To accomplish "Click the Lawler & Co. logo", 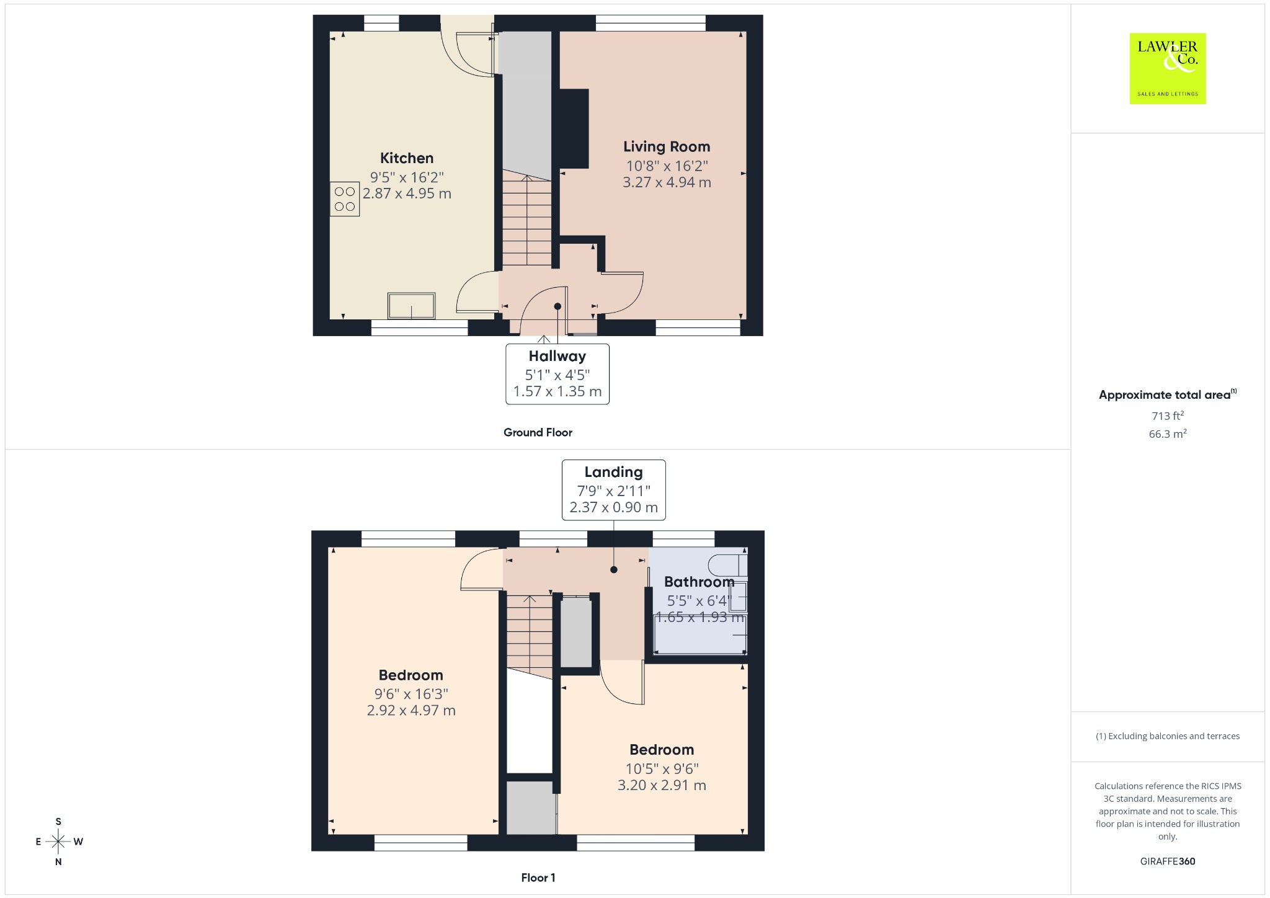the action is coord(1168,68).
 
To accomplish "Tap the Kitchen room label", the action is coord(407,158).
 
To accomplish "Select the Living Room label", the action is coord(667,147).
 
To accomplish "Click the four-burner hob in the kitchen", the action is coord(345,198).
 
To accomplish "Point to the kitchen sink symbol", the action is coord(412,306).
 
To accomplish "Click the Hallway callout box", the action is coord(557,374).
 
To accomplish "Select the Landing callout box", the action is coord(614,490).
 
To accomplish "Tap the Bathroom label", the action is coord(699,582).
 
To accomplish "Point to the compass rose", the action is coord(58,842).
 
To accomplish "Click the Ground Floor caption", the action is coord(538,432).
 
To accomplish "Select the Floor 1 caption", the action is coord(538,878).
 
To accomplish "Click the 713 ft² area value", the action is coord(1168,416).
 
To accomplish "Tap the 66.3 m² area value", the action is coord(1168,433).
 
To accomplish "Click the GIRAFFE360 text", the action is coord(1168,861).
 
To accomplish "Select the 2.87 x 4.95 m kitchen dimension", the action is coord(407,193).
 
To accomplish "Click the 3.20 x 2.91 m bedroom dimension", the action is coord(662,785).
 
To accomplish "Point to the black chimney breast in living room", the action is coord(574,128).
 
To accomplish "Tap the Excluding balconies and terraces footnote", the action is coord(1168,736).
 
